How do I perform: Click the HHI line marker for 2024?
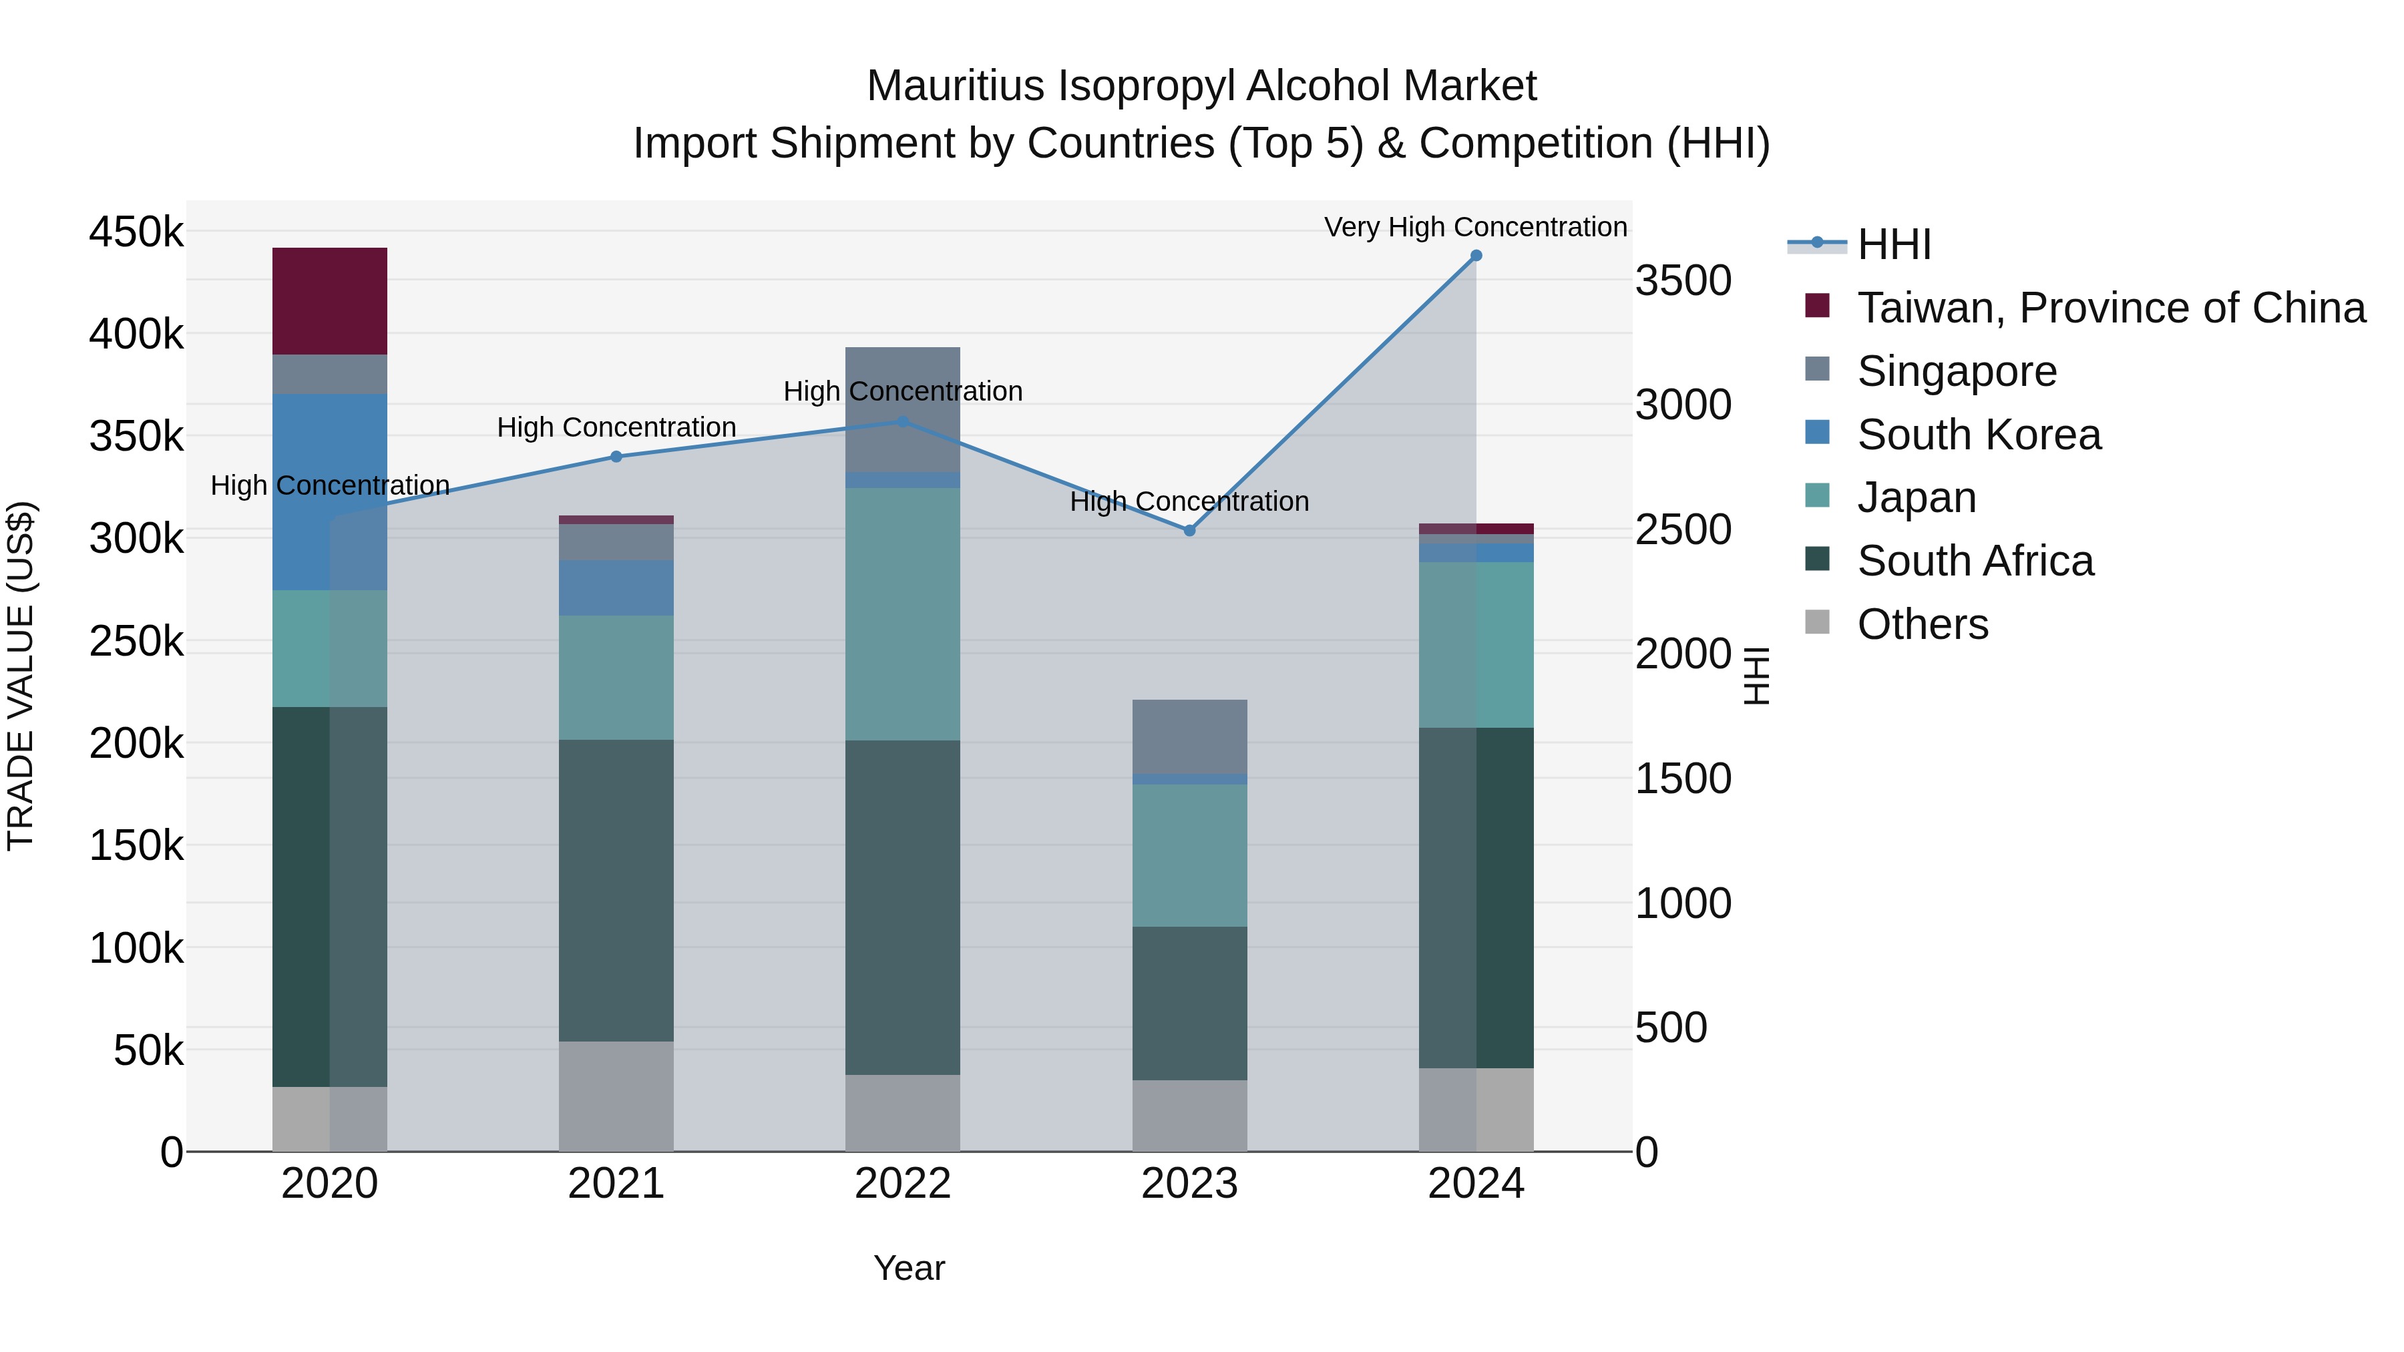[x=1475, y=256]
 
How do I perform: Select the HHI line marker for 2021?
[x=616, y=456]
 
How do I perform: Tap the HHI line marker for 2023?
[x=1189, y=530]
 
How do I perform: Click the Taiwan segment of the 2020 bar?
[x=329, y=300]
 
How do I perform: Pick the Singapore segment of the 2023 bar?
[x=1189, y=736]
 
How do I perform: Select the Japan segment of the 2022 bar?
[x=902, y=614]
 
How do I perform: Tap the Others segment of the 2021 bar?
[x=616, y=1096]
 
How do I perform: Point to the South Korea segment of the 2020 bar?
[x=329, y=491]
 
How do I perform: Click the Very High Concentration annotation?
[x=1474, y=227]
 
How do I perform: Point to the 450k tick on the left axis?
[x=136, y=232]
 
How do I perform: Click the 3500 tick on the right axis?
[x=1683, y=281]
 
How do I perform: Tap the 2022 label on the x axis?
[x=902, y=1184]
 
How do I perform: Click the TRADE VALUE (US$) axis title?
[x=21, y=676]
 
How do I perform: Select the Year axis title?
[x=909, y=1268]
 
